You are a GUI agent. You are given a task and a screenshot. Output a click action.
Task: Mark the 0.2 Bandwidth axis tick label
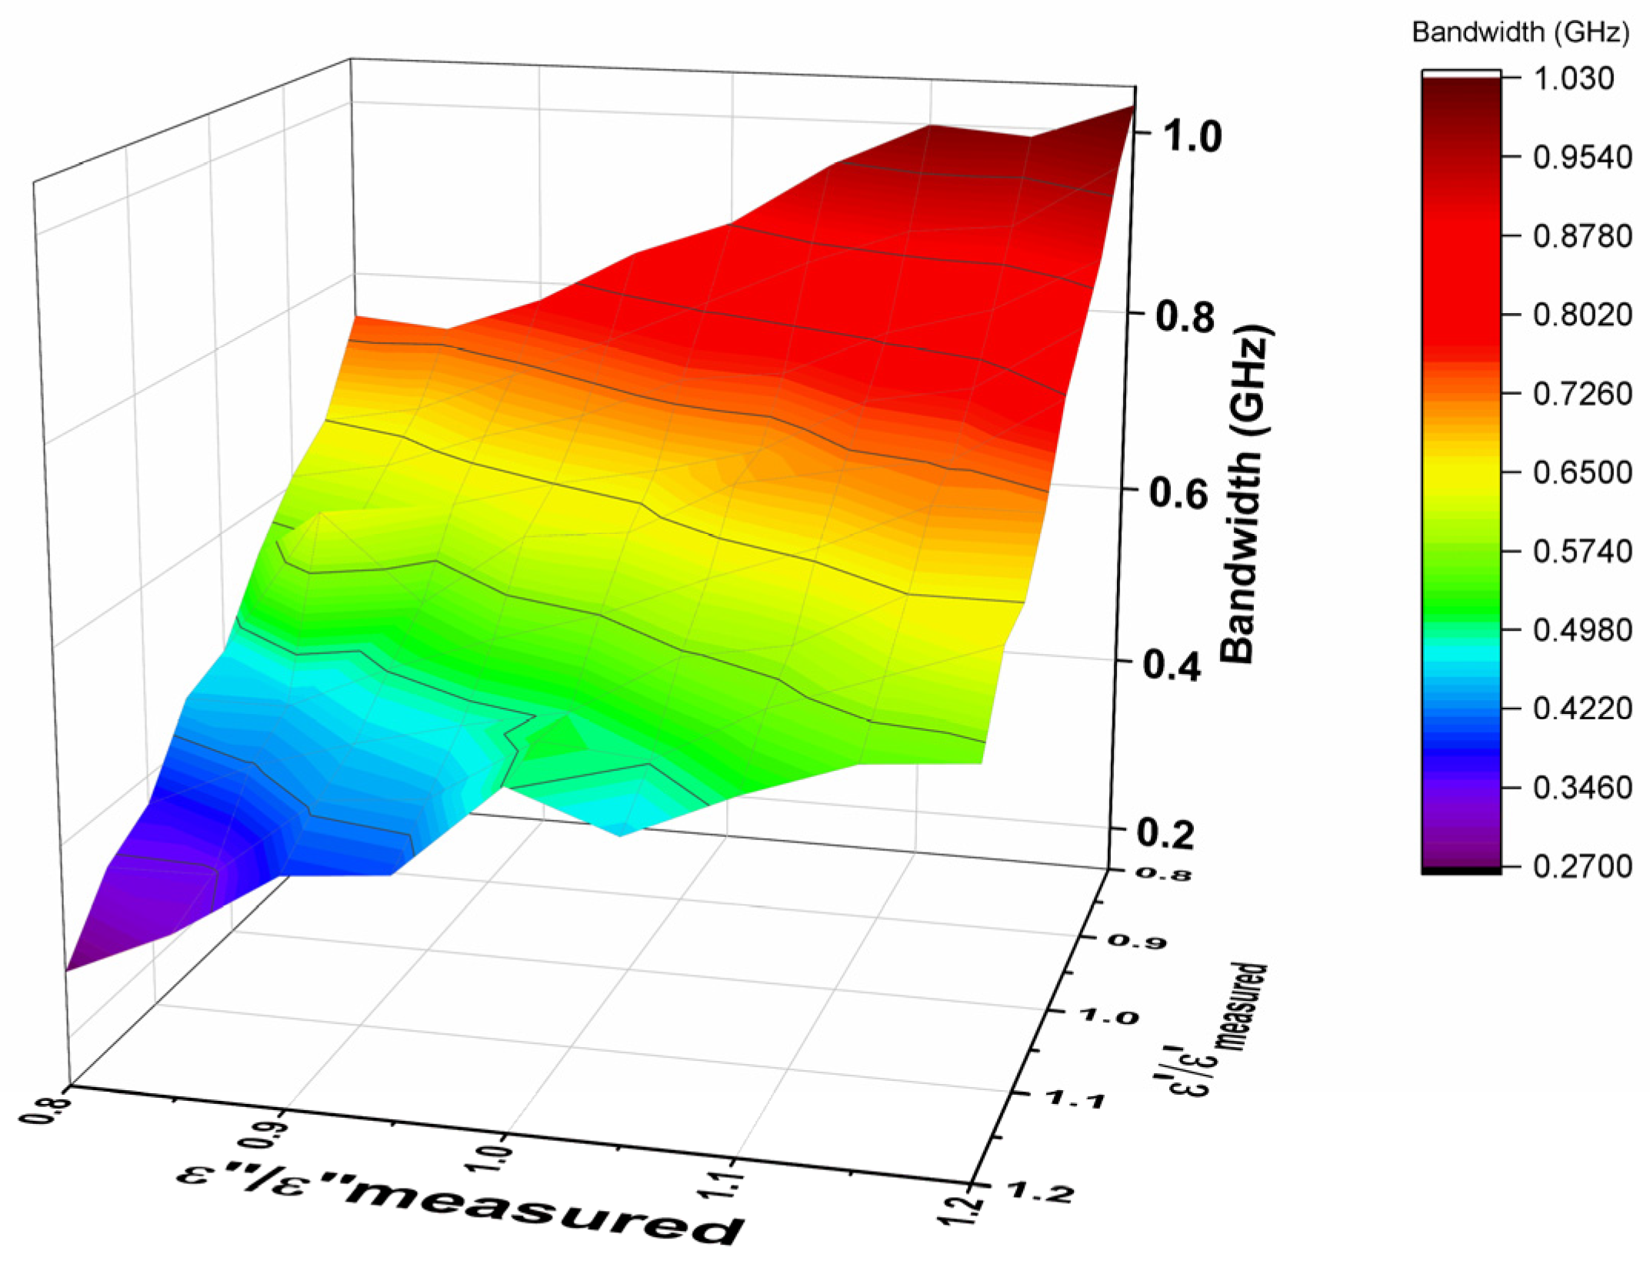[1166, 835]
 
